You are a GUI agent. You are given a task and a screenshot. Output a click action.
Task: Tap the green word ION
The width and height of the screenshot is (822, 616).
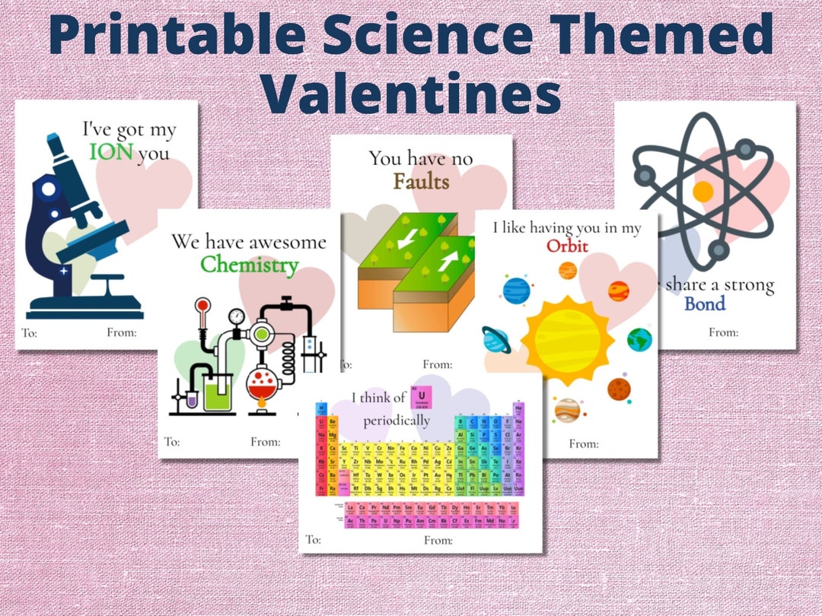point(111,153)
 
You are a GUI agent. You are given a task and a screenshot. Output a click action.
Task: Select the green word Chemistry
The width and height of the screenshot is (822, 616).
point(249,265)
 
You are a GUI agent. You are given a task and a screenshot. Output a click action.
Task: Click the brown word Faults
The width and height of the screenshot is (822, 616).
point(421,182)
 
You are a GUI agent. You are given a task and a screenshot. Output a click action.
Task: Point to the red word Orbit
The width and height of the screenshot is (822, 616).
point(566,246)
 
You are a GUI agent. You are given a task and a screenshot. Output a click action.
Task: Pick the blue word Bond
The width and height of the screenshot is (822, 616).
point(705,304)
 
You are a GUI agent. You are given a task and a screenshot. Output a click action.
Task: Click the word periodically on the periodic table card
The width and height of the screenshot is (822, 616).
point(396,420)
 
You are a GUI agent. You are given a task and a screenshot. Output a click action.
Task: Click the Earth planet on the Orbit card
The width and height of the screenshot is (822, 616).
point(639,339)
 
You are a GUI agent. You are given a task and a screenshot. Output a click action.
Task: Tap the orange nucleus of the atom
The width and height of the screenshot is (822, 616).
point(703,190)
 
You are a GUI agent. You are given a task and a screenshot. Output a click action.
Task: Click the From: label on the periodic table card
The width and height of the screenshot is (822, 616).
point(438,541)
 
